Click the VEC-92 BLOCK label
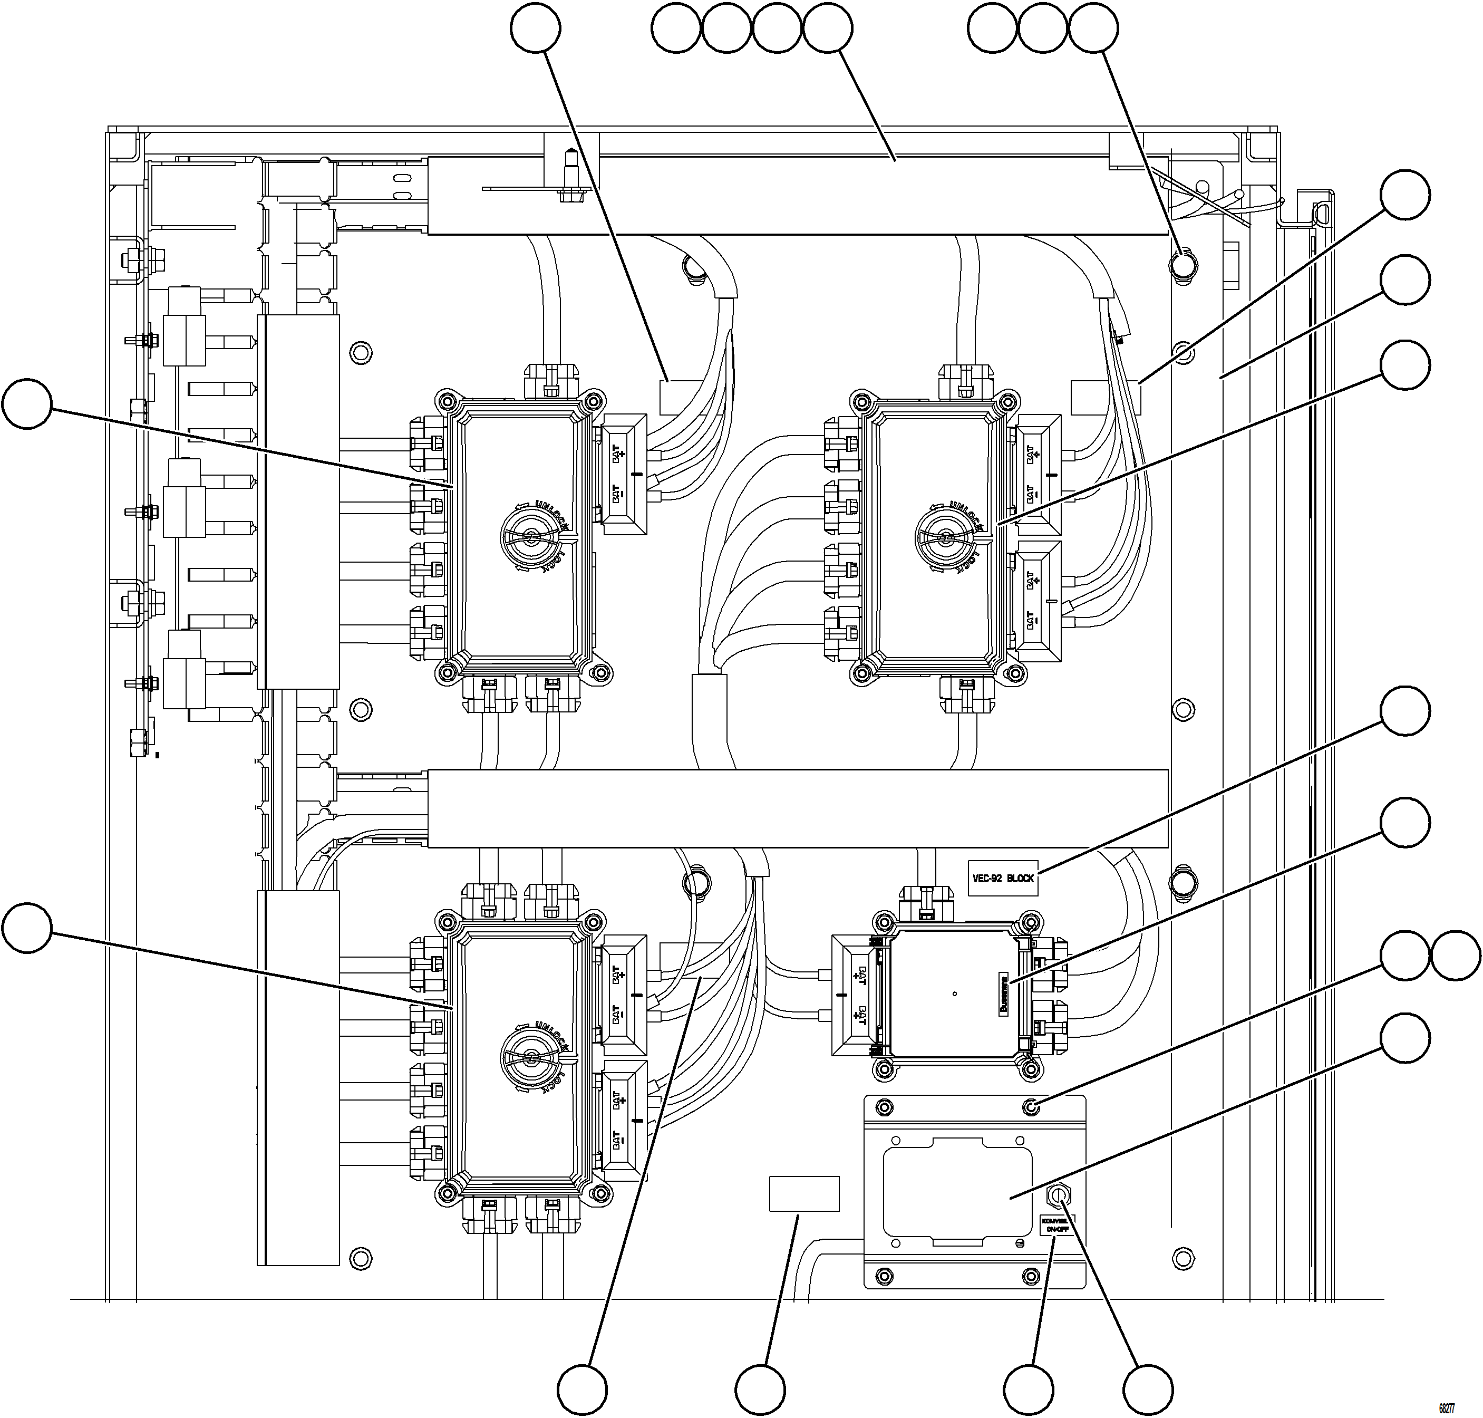click(x=1003, y=879)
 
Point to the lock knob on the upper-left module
click(x=532, y=537)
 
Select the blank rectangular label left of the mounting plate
click(x=804, y=1193)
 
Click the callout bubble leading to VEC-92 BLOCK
click(x=1404, y=710)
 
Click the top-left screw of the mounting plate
click(x=883, y=1108)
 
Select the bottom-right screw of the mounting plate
click(x=1031, y=1277)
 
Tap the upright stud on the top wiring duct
click(x=567, y=172)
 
